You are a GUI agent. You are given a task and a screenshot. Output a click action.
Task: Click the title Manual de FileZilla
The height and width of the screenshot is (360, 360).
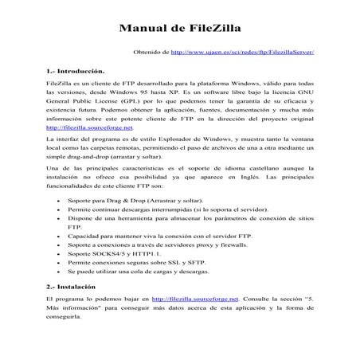coord(179,25)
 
